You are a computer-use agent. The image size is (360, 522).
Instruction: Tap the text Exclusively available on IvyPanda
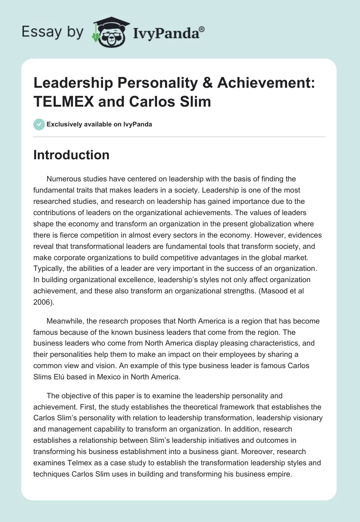pyautogui.click(x=99, y=124)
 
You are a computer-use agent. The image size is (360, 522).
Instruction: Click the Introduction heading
pyautogui.click(x=71, y=155)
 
